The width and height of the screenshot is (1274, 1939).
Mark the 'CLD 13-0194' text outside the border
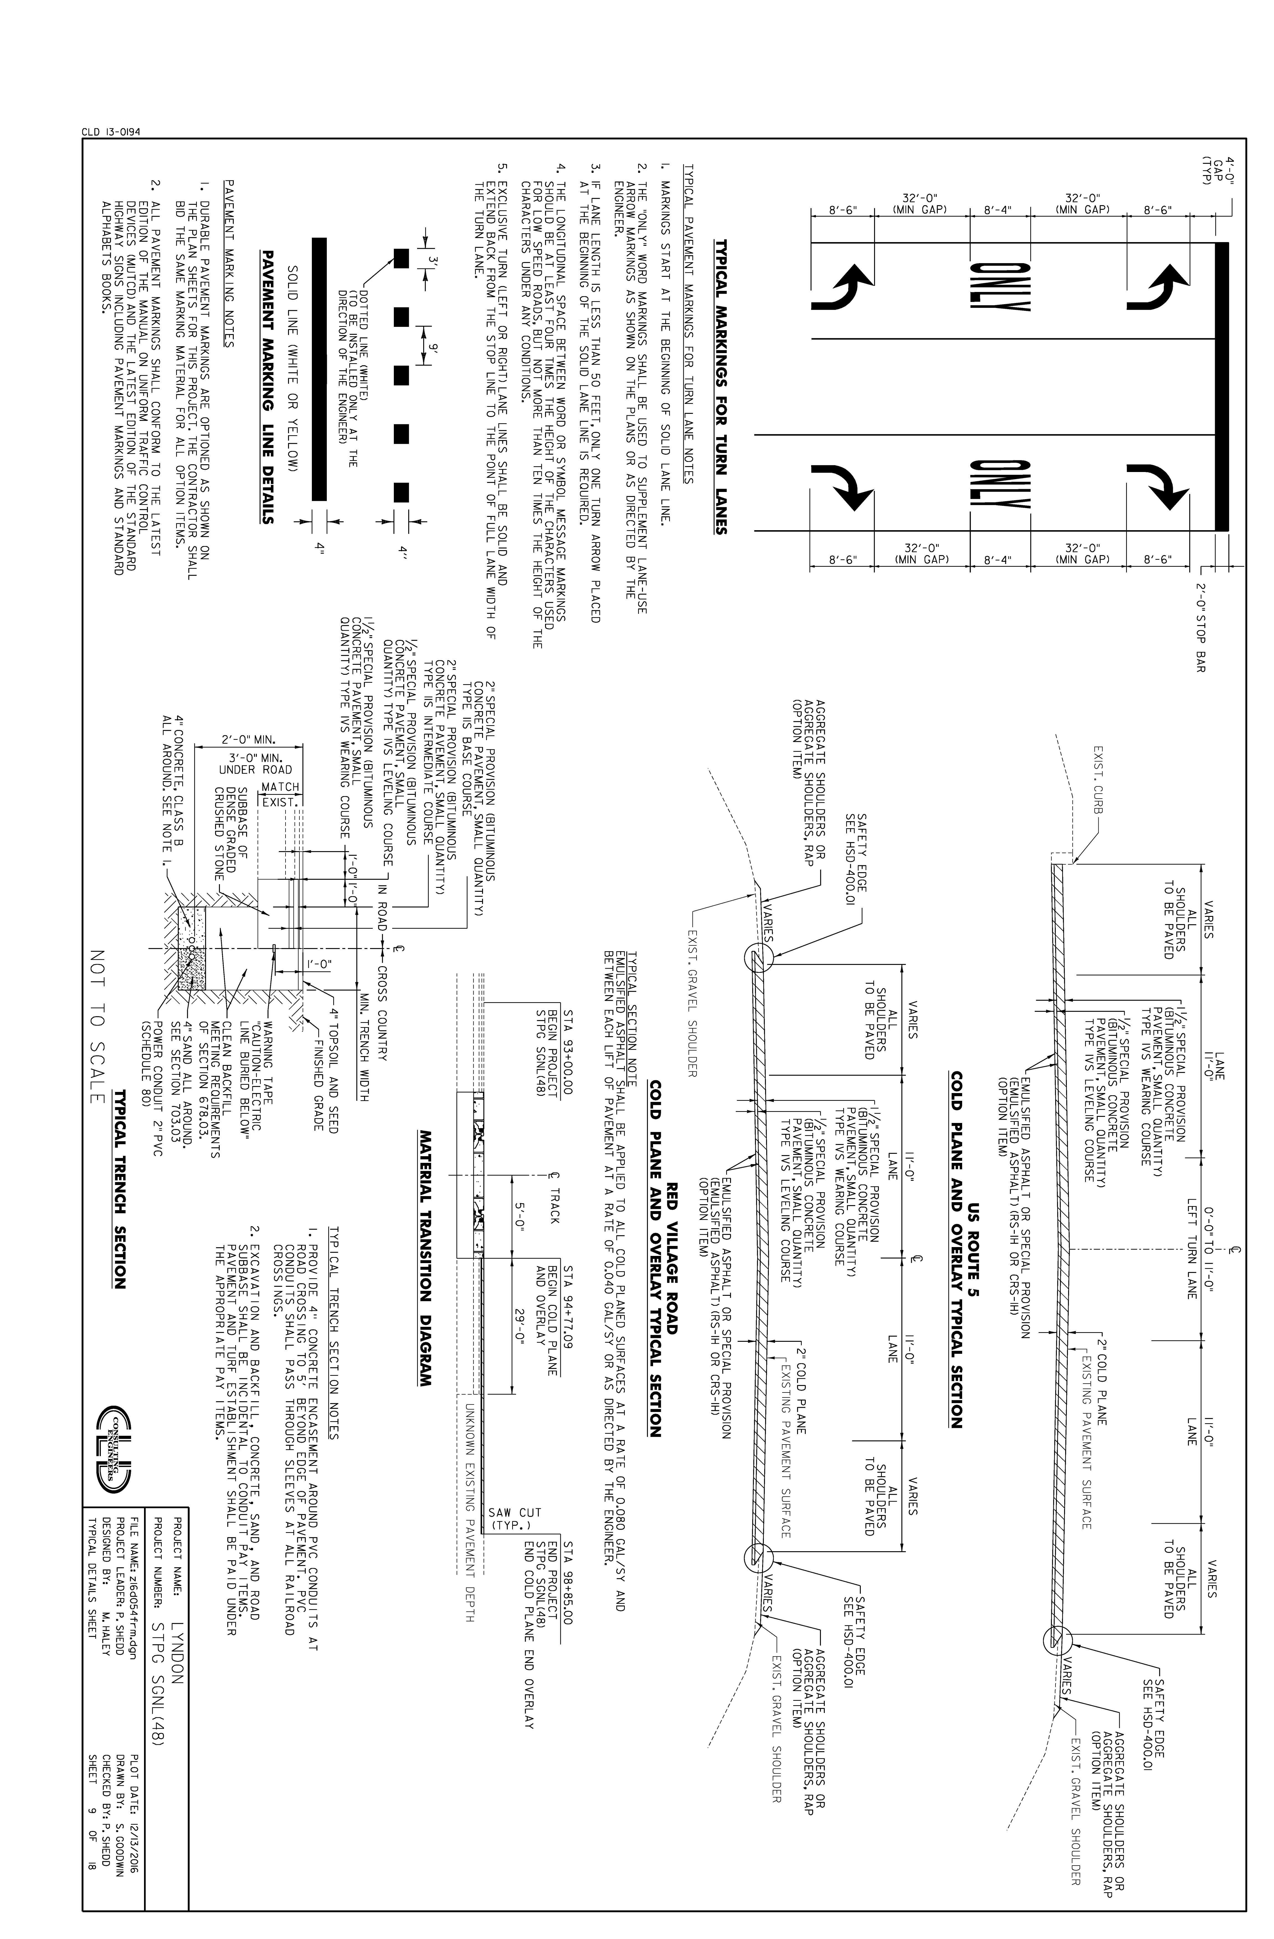point(111,132)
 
